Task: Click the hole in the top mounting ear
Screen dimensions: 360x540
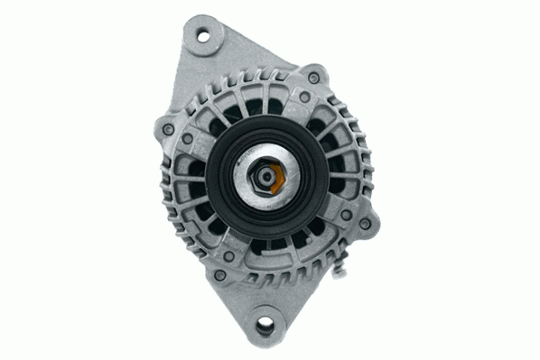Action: tap(202, 36)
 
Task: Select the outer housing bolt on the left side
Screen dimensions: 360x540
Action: tap(169, 129)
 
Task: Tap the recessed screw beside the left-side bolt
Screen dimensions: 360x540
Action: tap(185, 139)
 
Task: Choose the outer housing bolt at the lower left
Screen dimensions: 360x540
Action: tap(219, 273)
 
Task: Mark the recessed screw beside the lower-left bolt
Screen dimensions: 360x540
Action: tap(229, 257)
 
